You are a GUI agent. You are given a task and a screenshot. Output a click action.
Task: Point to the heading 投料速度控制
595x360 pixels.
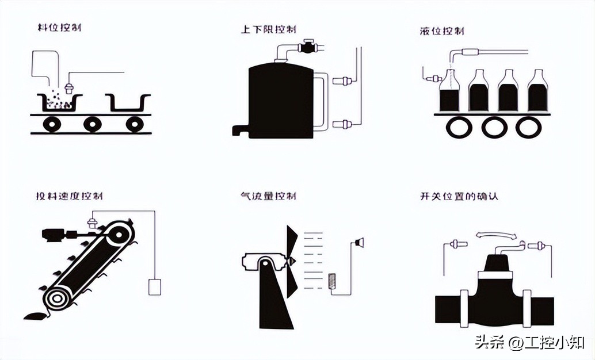click(x=69, y=196)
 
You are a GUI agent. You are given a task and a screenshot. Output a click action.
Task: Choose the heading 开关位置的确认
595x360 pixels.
click(x=459, y=196)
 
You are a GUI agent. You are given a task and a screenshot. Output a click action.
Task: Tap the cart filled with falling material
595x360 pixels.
click(x=59, y=102)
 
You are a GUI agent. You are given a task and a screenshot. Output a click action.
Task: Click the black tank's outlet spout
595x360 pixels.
click(x=240, y=130)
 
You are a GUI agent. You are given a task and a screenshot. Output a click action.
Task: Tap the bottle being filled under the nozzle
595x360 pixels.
click(x=449, y=92)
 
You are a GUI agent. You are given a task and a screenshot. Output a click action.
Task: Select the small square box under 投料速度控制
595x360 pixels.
click(x=154, y=286)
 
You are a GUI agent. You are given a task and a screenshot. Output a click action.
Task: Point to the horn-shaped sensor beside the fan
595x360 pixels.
click(x=360, y=242)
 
